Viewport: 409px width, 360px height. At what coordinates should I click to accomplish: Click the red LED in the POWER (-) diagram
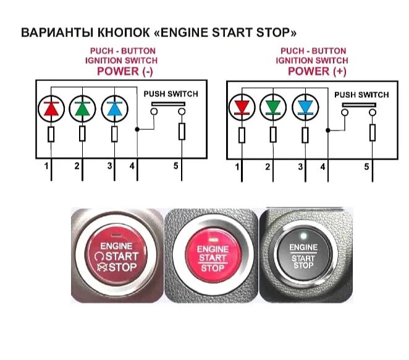(51, 109)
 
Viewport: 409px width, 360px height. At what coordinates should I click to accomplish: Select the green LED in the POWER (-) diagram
(82, 109)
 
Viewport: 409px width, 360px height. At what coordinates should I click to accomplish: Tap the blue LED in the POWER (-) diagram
(114, 109)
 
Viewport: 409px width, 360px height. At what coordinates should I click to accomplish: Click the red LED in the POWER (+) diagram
(242, 107)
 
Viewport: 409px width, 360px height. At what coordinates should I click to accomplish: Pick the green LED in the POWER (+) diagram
(273, 107)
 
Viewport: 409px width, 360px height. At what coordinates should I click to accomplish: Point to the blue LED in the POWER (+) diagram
(305, 107)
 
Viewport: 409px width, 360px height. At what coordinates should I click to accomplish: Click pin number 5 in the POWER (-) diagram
(176, 166)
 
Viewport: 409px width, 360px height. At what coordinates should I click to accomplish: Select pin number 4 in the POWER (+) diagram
(323, 167)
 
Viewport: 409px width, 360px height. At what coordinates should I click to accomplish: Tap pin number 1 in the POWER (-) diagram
(46, 166)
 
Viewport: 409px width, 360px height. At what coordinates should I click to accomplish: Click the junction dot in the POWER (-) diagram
(137, 129)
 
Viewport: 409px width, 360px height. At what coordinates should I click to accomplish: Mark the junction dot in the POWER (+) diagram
(328, 131)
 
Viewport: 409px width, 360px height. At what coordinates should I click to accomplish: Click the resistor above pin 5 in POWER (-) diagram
(182, 132)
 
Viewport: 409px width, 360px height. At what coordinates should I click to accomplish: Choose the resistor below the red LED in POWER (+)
(242, 135)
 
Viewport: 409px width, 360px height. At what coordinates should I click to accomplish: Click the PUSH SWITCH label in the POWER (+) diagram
(361, 95)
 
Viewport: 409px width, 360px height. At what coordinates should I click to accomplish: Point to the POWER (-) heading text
(125, 71)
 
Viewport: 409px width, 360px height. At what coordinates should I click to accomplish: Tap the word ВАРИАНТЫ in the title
(57, 33)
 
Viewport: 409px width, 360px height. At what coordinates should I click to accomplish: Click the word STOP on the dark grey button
(303, 265)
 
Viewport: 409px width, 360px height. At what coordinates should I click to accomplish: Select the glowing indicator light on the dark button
(303, 236)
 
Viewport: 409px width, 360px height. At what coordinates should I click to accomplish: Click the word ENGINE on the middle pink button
(213, 249)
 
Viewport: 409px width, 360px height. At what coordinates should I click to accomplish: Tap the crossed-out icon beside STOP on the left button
(102, 267)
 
